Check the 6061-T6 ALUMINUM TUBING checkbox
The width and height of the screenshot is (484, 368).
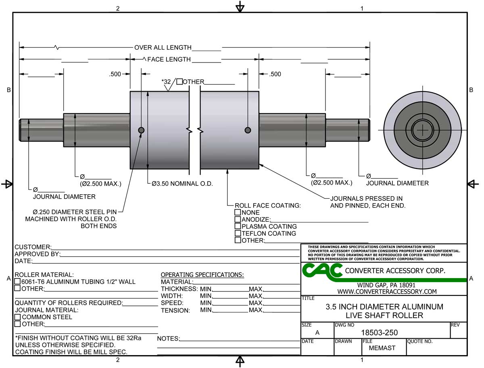[x=18, y=282]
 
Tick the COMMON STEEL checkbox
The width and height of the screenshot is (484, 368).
[x=18, y=317]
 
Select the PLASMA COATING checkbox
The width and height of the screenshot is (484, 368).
[x=238, y=227]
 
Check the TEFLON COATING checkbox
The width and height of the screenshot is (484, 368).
[x=238, y=233]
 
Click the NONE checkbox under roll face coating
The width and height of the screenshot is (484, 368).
[x=238, y=212]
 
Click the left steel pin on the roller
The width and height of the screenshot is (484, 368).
[x=141, y=130]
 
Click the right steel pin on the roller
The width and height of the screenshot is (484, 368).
[x=248, y=130]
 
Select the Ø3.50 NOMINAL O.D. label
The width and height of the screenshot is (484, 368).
[x=182, y=183]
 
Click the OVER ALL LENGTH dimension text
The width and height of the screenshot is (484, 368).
[x=163, y=48]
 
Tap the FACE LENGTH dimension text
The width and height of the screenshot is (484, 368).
[x=169, y=60]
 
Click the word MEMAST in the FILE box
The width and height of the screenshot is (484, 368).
[x=382, y=348]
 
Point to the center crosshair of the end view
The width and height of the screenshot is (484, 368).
[x=422, y=130]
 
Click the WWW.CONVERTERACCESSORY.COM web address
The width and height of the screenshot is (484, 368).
[x=387, y=291]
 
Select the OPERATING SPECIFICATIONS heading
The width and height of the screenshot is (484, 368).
[x=202, y=275]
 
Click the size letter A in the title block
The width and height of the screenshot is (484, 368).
[x=317, y=333]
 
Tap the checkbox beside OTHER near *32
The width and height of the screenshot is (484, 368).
[x=179, y=82]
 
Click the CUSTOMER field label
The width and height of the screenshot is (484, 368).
[x=33, y=247]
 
